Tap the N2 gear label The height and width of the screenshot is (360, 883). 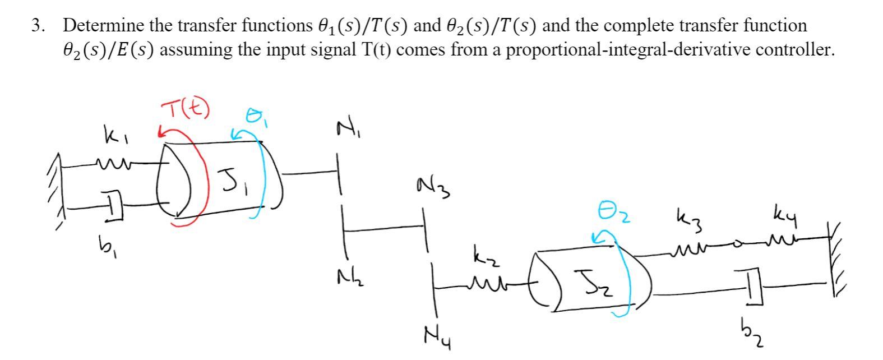352,276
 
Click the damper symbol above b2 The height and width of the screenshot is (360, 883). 752,286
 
